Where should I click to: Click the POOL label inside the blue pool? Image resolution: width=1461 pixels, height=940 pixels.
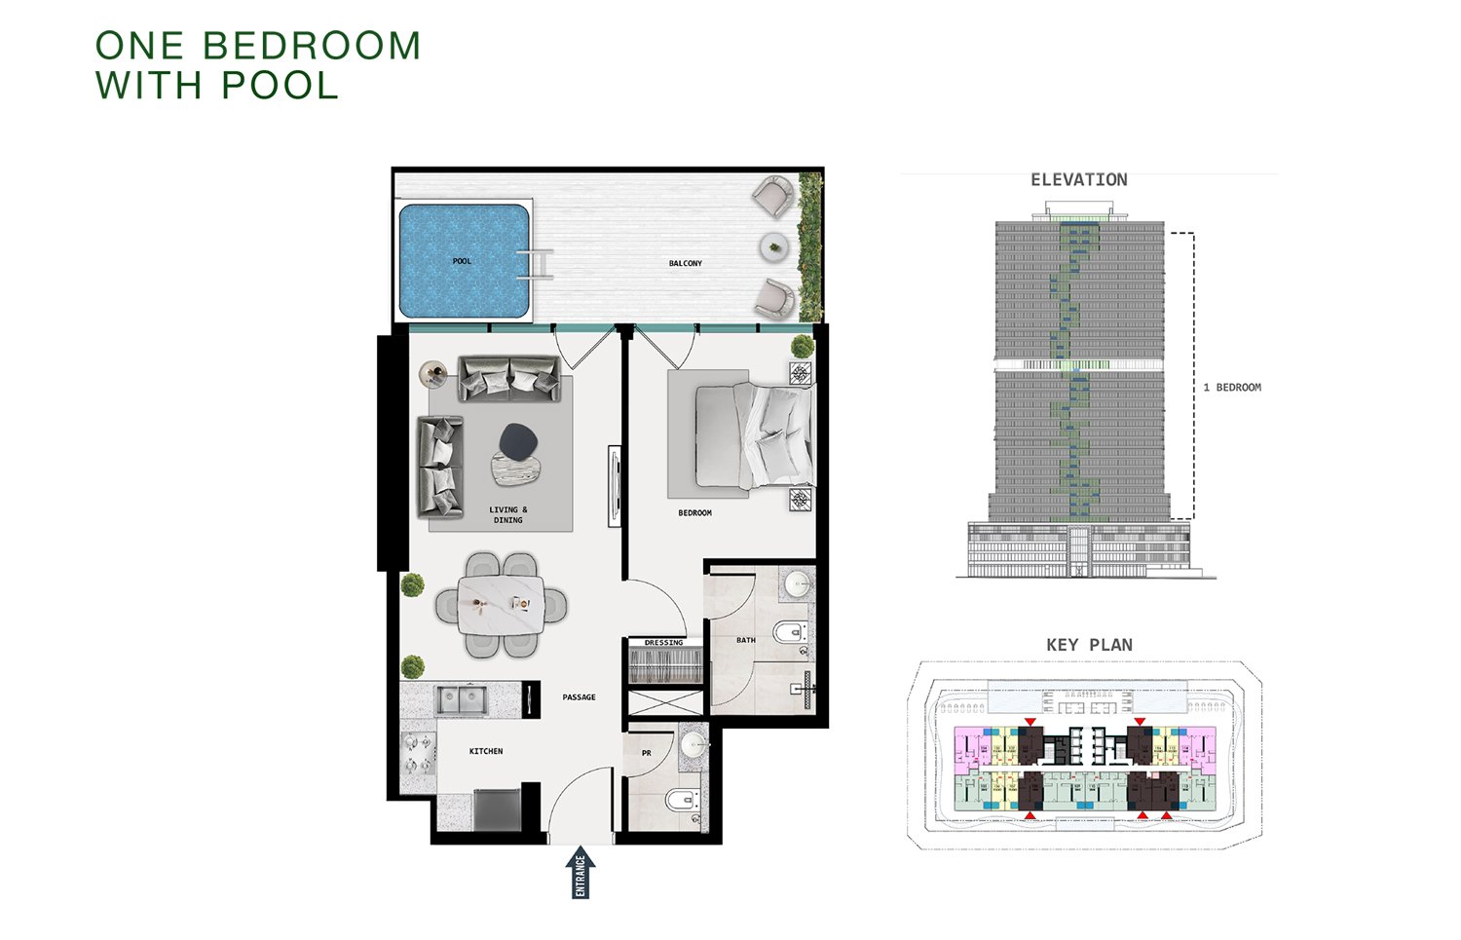(x=462, y=261)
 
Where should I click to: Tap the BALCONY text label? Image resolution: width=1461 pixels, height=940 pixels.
(x=685, y=263)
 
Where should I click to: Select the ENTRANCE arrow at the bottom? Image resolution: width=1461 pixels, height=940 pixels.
(x=581, y=872)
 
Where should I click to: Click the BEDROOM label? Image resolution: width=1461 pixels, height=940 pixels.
(x=694, y=512)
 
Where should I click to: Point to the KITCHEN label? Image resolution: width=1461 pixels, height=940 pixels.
(x=486, y=751)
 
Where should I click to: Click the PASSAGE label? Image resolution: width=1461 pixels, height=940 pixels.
(x=579, y=697)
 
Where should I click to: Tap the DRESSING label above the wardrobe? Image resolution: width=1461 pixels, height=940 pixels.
(x=663, y=643)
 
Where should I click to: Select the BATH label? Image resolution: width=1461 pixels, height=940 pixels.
(x=745, y=640)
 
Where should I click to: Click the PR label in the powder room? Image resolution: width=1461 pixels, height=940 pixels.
(x=646, y=753)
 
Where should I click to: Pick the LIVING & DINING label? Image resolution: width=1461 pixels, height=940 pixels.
(x=507, y=514)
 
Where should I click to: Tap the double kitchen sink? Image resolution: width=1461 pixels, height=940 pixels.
(x=462, y=698)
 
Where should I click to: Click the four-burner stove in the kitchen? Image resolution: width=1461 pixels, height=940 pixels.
(x=418, y=752)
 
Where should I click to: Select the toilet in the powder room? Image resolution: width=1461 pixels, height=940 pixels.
(x=681, y=802)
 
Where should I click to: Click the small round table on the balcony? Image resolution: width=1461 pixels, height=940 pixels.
(x=774, y=246)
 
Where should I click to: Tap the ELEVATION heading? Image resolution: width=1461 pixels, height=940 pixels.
(x=1078, y=180)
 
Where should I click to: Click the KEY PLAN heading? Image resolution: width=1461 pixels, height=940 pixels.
(x=1089, y=645)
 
